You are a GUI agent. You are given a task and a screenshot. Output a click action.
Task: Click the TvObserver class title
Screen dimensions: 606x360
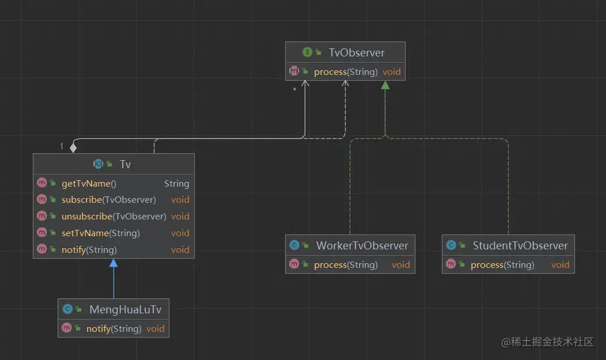point(357,52)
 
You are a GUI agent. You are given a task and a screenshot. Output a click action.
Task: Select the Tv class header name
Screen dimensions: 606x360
point(125,164)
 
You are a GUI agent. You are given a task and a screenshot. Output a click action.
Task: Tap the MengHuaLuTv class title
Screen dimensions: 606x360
point(125,309)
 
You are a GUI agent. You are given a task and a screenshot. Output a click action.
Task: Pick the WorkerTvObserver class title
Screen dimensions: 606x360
point(362,245)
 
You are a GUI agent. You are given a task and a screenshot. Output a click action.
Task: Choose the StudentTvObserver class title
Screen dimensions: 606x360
point(520,245)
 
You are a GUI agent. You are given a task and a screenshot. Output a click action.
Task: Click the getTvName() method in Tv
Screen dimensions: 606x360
point(89,183)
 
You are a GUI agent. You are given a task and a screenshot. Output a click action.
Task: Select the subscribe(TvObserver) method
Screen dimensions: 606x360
point(108,200)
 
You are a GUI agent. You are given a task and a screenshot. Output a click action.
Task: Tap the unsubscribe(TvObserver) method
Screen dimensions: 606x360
point(113,217)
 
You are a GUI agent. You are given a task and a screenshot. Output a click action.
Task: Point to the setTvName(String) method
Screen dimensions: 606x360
point(100,233)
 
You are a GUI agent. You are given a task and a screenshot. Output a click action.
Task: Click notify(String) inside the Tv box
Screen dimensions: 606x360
point(89,250)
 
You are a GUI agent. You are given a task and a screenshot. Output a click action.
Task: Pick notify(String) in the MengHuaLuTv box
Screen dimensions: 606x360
point(113,329)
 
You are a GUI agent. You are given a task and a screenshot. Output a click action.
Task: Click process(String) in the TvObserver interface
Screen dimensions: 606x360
point(346,72)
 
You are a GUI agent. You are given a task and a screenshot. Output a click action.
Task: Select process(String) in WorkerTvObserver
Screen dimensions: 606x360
point(346,265)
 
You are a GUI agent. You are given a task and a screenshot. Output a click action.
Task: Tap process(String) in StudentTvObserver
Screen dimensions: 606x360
point(502,265)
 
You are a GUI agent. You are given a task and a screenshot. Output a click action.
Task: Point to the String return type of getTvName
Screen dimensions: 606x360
point(176,183)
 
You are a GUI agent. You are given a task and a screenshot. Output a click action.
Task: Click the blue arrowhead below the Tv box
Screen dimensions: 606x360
point(113,263)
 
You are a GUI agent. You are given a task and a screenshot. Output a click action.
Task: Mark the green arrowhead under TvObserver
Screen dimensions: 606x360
point(385,85)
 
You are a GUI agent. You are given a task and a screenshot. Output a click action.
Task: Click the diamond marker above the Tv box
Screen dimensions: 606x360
point(73,147)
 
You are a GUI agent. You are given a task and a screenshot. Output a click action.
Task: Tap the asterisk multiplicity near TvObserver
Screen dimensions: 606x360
point(294,90)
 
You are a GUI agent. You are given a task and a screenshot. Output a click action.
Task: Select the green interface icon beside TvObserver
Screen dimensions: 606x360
point(307,52)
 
